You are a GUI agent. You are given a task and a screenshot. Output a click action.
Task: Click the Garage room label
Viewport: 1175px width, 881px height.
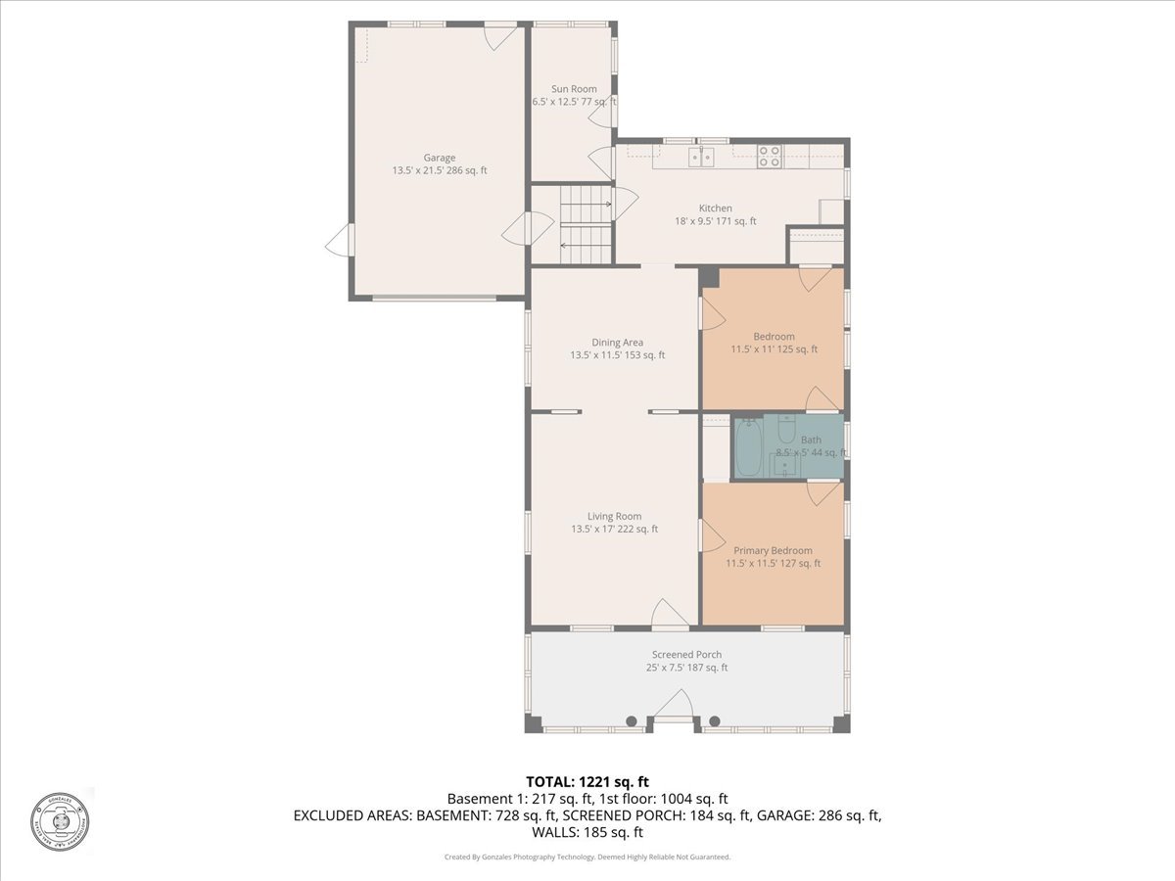tap(439, 158)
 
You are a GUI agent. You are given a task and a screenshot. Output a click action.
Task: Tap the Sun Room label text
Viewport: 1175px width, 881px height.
tap(573, 89)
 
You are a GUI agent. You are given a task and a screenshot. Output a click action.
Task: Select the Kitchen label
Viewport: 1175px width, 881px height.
tap(715, 209)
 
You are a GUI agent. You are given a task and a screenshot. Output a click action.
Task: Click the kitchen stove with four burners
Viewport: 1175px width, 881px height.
tap(770, 157)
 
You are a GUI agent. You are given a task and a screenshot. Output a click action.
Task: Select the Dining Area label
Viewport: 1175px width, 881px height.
tap(617, 342)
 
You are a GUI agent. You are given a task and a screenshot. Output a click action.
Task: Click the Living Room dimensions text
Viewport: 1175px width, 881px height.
tap(614, 530)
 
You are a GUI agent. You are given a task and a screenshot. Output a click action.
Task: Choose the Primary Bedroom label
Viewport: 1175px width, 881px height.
tap(773, 550)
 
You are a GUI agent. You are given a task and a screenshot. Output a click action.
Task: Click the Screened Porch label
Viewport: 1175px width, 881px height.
tap(686, 655)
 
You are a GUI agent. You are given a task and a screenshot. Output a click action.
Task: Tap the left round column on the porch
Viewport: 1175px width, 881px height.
tap(632, 721)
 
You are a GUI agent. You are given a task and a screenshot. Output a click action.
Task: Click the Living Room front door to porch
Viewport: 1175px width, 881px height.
tap(670, 616)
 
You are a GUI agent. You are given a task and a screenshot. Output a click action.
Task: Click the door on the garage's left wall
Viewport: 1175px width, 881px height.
tap(340, 240)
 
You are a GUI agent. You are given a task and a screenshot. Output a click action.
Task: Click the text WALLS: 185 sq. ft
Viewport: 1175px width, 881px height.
tap(587, 833)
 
